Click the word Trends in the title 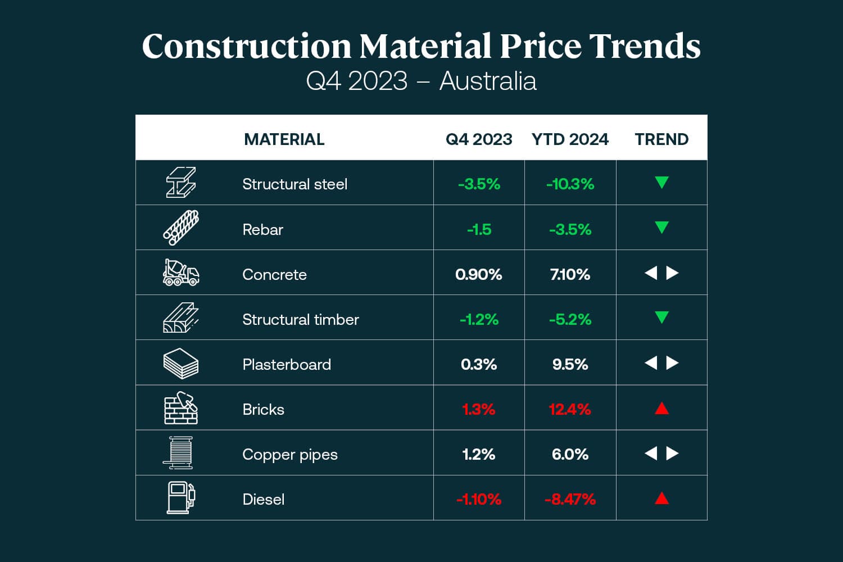[x=645, y=46]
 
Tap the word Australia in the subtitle [x=488, y=81]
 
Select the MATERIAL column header [x=284, y=139]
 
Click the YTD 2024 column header [x=570, y=139]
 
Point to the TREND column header [x=661, y=139]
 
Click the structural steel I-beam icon [x=180, y=183]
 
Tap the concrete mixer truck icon [x=180, y=273]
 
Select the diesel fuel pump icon [x=180, y=498]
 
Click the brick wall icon [x=180, y=409]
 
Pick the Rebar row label [x=262, y=229]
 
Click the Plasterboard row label [x=287, y=364]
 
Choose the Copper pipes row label [x=290, y=454]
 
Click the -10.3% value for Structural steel [x=570, y=184]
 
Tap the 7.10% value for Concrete [x=570, y=274]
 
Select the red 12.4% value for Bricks [x=570, y=409]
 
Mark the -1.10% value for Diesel [x=479, y=499]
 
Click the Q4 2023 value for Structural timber [x=479, y=319]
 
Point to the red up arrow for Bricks [x=661, y=408]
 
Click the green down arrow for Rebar [x=661, y=228]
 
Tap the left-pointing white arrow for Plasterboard [x=651, y=363]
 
